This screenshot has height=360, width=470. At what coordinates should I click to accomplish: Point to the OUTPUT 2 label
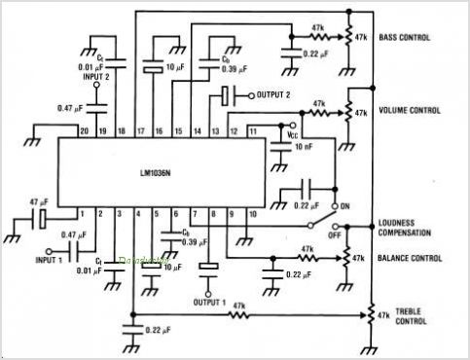point(275,95)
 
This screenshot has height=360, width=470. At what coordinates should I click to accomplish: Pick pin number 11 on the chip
point(251,129)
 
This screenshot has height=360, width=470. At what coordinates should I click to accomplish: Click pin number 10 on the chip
point(251,213)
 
